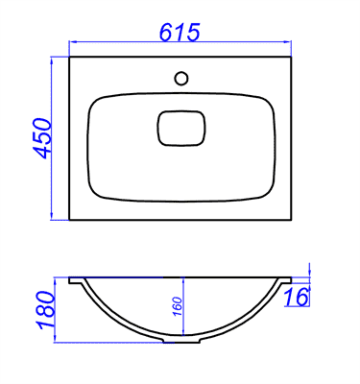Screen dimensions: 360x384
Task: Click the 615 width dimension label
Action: click(180, 32)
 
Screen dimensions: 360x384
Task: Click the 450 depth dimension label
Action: click(42, 138)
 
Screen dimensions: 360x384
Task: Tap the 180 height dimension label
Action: click(46, 310)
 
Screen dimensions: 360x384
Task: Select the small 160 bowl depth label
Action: click(179, 306)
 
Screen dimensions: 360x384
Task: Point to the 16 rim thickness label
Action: click(297, 297)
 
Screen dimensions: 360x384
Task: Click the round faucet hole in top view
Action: click(181, 78)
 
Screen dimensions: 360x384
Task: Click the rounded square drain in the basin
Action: click(181, 128)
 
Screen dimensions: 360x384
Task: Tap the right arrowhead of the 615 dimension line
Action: click(287, 41)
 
